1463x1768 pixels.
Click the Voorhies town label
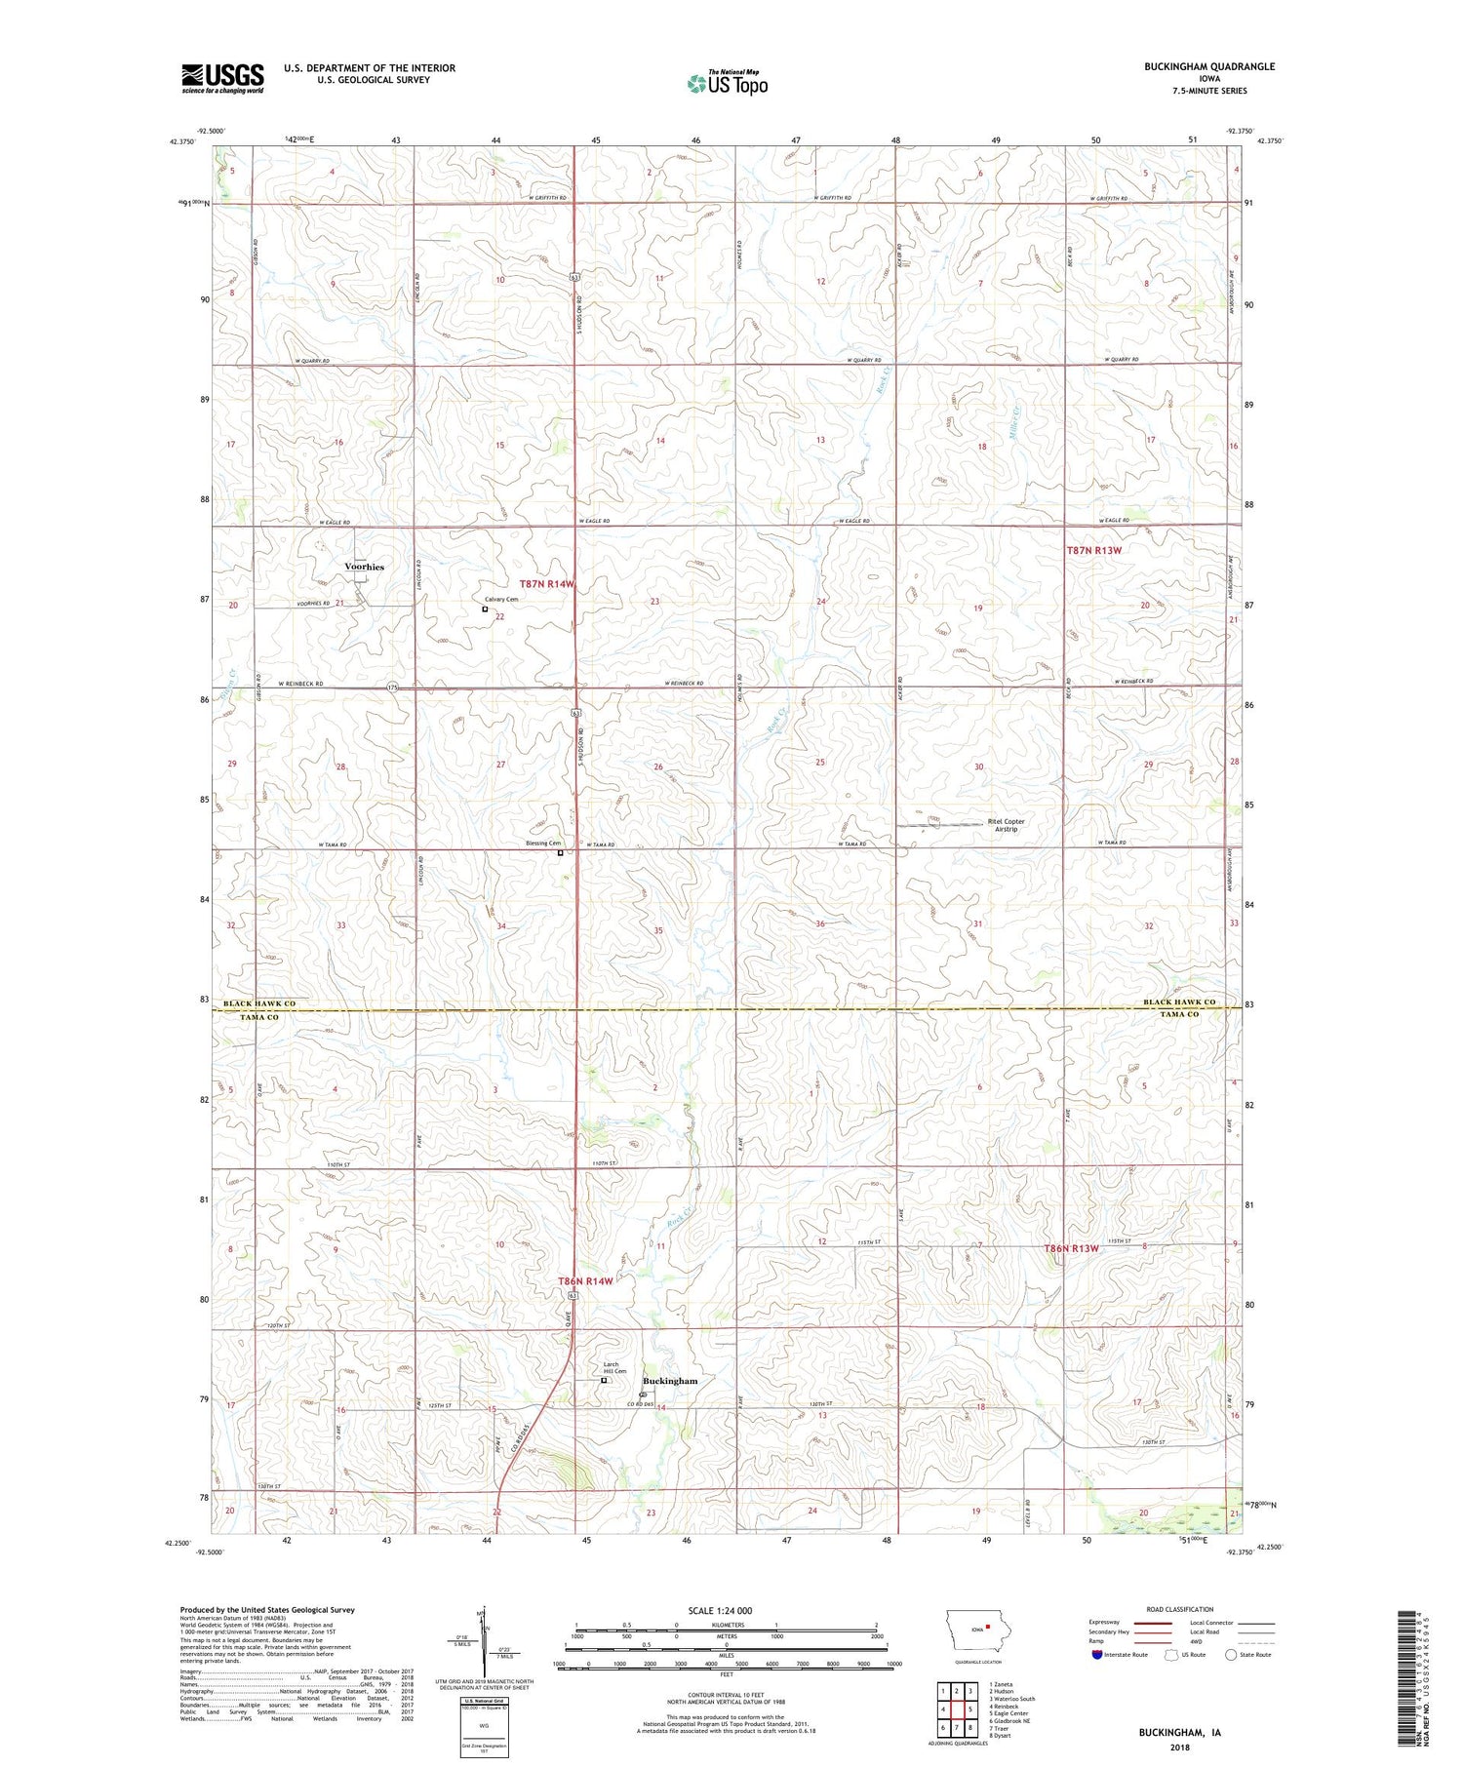(364, 567)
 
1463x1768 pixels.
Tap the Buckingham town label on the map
(670, 1381)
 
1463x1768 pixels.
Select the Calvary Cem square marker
(485, 609)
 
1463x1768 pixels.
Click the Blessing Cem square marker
(560, 853)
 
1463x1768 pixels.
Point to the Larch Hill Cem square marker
(604, 1380)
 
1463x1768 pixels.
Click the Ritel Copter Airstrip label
(1006, 825)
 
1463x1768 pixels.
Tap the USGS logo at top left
(222, 78)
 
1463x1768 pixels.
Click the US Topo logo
(728, 84)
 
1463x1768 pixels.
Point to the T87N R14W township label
(547, 584)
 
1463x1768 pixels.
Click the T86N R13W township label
(1071, 1248)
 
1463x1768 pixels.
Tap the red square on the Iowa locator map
(988, 1626)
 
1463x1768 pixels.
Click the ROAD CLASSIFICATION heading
(1180, 1609)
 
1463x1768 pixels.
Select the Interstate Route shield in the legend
(1097, 1654)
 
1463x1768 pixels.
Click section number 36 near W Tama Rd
(820, 923)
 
